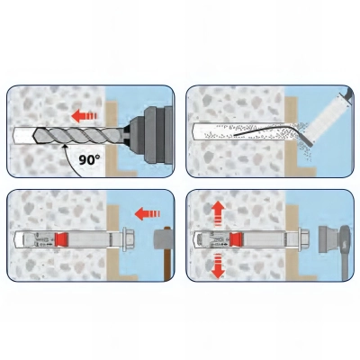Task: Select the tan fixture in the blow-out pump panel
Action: coord(290,135)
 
